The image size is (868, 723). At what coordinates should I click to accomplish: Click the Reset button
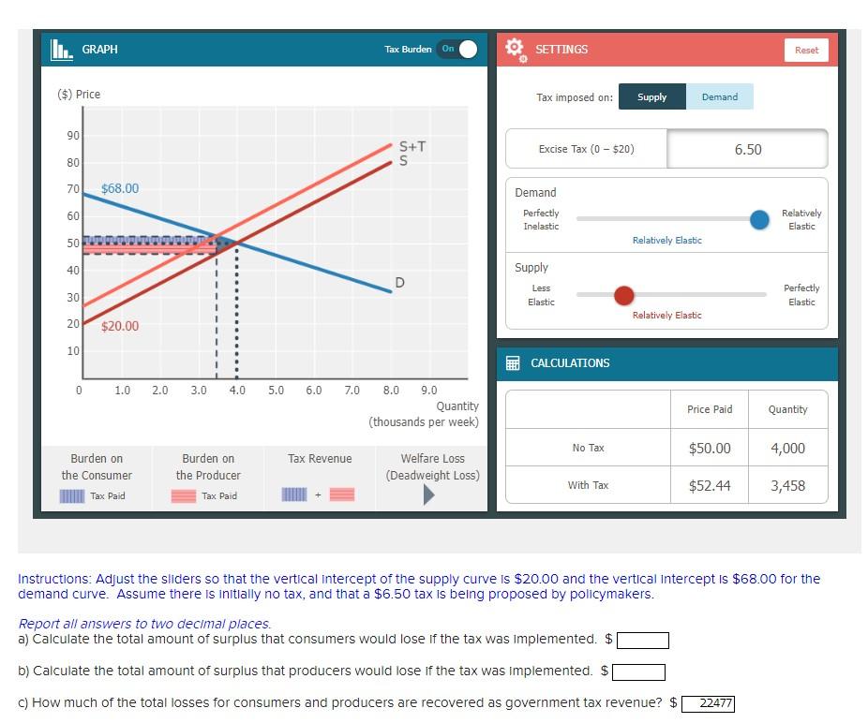[806, 50]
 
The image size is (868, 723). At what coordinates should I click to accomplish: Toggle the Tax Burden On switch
[457, 49]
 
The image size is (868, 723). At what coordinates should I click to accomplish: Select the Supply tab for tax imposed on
[651, 96]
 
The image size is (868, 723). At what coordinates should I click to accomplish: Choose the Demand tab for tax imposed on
[719, 96]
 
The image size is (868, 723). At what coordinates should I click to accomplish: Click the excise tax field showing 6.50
[747, 150]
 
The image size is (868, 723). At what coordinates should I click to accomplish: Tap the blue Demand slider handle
[760, 218]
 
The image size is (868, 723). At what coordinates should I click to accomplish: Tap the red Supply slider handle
[623, 296]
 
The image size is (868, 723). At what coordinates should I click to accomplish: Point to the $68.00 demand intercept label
[120, 188]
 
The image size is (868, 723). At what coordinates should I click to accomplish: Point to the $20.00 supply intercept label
[120, 326]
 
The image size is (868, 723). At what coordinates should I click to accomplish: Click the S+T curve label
[412, 146]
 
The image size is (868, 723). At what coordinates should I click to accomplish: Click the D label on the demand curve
[400, 282]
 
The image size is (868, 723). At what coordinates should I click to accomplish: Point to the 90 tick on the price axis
[73, 136]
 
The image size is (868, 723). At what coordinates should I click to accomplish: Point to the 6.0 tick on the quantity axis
[314, 390]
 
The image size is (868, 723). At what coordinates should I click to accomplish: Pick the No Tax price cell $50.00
[710, 448]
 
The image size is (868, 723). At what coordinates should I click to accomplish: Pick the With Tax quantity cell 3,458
[787, 485]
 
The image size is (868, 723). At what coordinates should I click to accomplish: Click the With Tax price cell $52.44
[710, 485]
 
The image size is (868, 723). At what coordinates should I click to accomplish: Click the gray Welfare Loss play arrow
[429, 494]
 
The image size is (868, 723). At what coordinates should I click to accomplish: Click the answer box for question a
[642, 641]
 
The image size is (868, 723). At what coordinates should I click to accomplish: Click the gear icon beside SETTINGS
[515, 49]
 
